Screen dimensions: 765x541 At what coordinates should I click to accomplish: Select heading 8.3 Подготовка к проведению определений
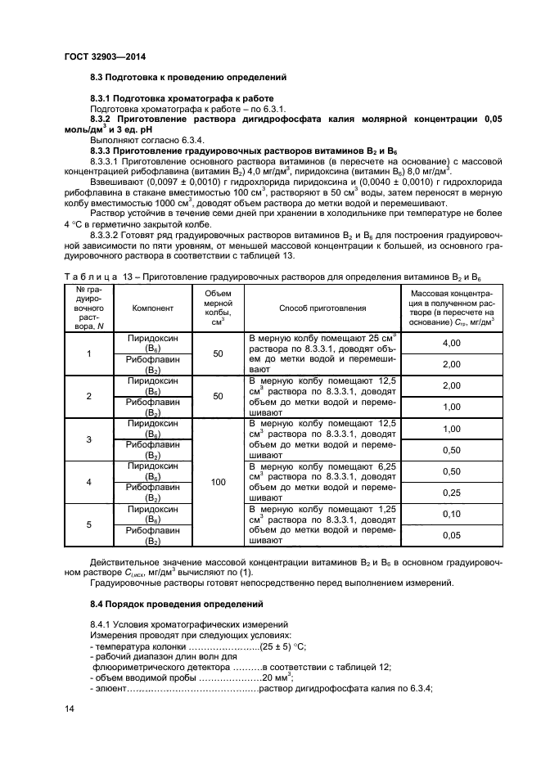click(187, 78)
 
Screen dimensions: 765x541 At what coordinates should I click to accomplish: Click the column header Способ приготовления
click(322, 308)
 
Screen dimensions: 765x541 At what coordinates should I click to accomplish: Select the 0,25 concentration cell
click(451, 493)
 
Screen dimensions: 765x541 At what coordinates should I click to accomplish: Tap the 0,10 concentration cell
click(451, 514)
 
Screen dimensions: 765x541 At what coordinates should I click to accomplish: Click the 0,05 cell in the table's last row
click(451, 535)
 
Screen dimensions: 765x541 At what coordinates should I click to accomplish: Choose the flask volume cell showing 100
click(218, 482)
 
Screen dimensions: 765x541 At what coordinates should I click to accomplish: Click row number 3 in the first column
click(88, 439)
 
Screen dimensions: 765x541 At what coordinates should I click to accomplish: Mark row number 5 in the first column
click(88, 524)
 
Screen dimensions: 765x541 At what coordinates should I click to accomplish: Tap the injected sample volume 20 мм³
click(278, 678)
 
